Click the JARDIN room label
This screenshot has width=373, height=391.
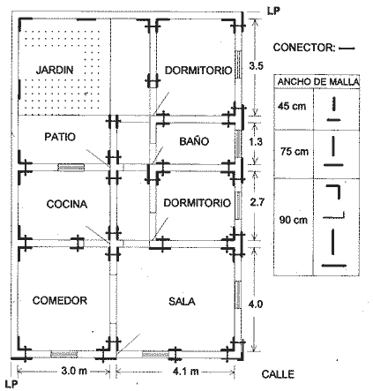coord(55,70)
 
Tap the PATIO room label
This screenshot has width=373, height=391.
coord(60,137)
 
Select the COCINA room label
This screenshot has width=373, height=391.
coord(67,204)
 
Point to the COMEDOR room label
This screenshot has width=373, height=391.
coord(60,300)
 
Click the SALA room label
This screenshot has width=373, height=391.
coord(182,301)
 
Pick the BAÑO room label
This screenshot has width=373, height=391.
coord(194,141)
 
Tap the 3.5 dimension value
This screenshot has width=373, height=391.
coord(256,66)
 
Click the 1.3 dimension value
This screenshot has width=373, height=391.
coord(256,142)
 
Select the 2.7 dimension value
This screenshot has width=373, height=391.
coord(257,202)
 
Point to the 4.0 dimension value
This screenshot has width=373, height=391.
coord(256,304)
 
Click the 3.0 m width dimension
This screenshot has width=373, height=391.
coord(74,371)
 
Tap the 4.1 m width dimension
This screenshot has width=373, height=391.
coord(185,372)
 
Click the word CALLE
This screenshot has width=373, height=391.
coord(278,374)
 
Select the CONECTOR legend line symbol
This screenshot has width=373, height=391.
coord(347,49)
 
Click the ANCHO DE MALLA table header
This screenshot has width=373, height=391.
coord(318,82)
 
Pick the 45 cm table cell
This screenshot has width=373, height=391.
coord(292,106)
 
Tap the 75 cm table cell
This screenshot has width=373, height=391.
coord(295,152)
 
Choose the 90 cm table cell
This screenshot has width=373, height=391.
coord(294,220)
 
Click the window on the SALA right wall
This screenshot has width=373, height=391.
coord(238,295)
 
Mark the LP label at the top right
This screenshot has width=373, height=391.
coord(273,11)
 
